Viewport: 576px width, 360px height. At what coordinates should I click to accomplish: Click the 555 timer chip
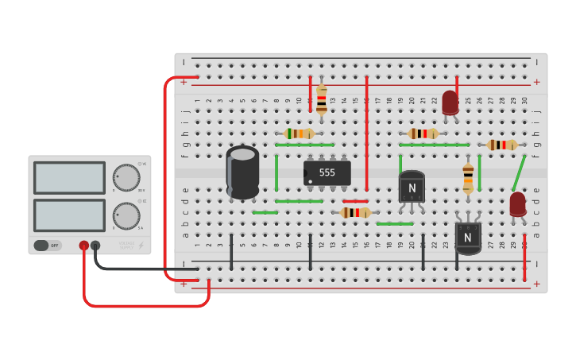[327, 172]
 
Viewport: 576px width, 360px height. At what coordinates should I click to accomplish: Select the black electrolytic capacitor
[242, 172]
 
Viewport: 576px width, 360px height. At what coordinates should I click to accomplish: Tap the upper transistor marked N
[412, 188]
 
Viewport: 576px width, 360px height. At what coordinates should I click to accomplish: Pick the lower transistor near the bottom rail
[468, 237]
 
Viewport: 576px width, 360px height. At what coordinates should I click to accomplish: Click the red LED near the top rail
[450, 103]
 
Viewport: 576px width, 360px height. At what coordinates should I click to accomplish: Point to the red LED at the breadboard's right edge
[518, 204]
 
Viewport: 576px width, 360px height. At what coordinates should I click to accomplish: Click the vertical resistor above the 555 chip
[321, 100]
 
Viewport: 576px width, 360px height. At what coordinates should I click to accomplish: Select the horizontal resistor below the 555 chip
[355, 212]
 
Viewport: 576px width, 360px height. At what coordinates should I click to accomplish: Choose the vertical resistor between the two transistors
[468, 178]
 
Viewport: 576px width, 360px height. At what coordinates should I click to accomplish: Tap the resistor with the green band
[299, 134]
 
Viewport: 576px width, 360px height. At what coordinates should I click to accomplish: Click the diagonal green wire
[519, 173]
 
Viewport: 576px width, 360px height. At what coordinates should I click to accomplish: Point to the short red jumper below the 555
[355, 201]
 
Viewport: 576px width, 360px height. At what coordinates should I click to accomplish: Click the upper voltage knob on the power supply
[126, 177]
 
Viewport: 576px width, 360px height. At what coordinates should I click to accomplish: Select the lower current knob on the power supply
[126, 215]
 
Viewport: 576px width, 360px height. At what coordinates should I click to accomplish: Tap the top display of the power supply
[69, 177]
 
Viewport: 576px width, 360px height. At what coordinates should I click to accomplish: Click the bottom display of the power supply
[69, 215]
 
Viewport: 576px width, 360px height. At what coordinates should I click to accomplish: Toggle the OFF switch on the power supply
[48, 246]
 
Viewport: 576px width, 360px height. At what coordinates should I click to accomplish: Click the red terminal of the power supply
[83, 246]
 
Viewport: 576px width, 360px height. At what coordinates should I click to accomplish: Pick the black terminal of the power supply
[95, 246]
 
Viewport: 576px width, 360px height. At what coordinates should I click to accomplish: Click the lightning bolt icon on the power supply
[141, 246]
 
